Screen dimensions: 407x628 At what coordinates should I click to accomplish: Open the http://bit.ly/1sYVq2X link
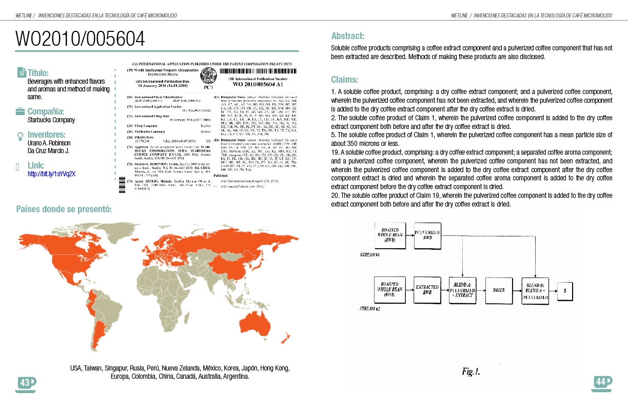[51, 174]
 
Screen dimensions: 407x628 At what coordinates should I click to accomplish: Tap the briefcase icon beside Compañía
[21, 112]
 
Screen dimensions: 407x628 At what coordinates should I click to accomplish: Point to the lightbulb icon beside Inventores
[21, 136]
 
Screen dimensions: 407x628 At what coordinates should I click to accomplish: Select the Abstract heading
[347, 36]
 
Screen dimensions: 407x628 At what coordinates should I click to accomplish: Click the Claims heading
[345, 80]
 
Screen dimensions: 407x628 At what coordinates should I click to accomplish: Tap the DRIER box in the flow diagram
[498, 290]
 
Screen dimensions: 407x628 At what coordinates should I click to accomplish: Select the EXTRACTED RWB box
[427, 290]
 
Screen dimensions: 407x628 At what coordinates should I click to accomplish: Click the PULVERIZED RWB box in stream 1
[427, 236]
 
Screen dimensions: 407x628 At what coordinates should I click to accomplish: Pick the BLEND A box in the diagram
[463, 290]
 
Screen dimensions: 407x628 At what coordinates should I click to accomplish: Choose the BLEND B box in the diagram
[535, 290]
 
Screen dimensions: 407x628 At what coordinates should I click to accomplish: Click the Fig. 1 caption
[470, 371]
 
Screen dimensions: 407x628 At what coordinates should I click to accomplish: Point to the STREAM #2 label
[369, 309]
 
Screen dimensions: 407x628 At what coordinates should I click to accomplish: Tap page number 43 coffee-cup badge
[26, 383]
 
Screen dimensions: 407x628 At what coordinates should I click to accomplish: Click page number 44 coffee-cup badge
[601, 382]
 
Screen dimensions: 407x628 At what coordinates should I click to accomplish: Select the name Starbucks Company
[51, 120]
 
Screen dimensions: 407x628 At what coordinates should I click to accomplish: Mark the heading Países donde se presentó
[64, 209]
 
